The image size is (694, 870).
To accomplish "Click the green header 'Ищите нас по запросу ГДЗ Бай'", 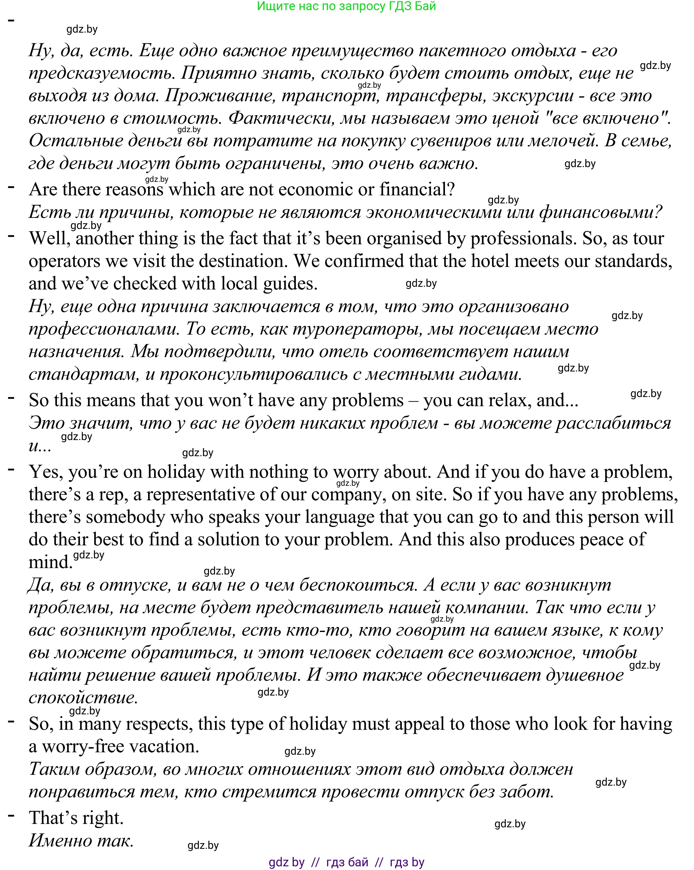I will click(x=346, y=6).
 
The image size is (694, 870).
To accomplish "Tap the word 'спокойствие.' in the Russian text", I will click(x=83, y=698).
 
